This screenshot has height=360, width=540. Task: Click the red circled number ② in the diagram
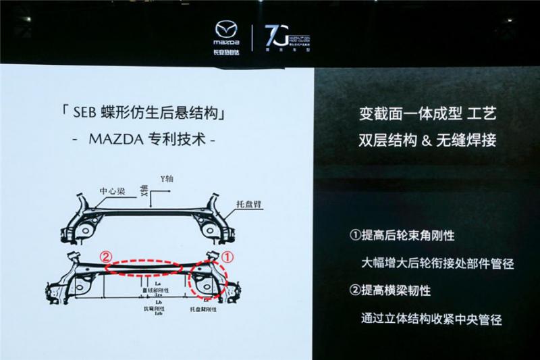tap(106, 257)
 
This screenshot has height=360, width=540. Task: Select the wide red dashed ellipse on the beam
tap(146, 265)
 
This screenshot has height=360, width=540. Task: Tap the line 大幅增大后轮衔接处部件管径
tap(436, 263)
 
